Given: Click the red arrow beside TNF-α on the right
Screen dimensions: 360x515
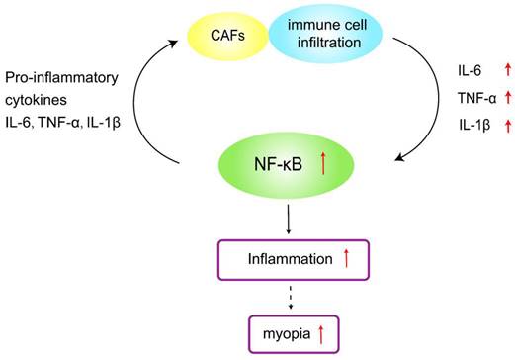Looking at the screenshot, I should click(x=508, y=97).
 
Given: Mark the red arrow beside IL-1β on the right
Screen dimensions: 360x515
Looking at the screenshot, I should click(x=508, y=124).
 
